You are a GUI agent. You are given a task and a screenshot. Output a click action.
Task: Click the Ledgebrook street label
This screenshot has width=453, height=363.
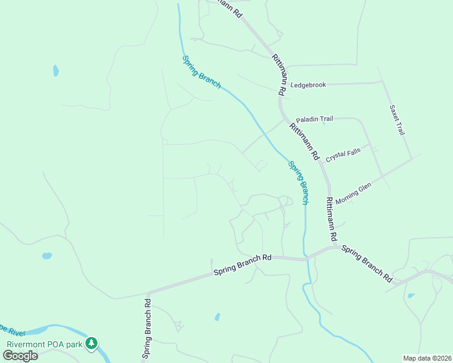tap(308, 85)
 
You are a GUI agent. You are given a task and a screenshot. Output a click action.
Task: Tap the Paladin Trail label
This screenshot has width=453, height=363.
tap(314, 119)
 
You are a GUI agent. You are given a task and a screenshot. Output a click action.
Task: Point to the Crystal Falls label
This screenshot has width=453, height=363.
tap(343, 155)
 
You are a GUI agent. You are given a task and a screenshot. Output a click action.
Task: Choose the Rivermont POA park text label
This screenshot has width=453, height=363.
tap(45, 344)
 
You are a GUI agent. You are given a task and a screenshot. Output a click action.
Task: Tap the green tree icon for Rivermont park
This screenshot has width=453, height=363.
tap(91, 344)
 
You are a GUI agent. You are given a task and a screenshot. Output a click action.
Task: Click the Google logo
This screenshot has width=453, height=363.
tap(21, 355)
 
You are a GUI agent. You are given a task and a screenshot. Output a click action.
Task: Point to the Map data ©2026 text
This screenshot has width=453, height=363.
tap(427, 358)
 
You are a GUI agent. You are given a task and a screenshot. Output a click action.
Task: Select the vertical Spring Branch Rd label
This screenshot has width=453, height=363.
tap(147, 328)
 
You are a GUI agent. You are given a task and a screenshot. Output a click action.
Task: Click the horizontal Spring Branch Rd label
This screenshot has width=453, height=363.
tap(242, 266)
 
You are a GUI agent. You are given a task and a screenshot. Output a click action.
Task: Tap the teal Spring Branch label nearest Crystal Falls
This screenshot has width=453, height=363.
tap(298, 181)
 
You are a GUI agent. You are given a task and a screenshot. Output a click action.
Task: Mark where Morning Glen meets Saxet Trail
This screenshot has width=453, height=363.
tap(412, 159)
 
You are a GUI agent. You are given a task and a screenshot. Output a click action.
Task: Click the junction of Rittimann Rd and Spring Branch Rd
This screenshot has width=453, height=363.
tap(334, 246)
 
